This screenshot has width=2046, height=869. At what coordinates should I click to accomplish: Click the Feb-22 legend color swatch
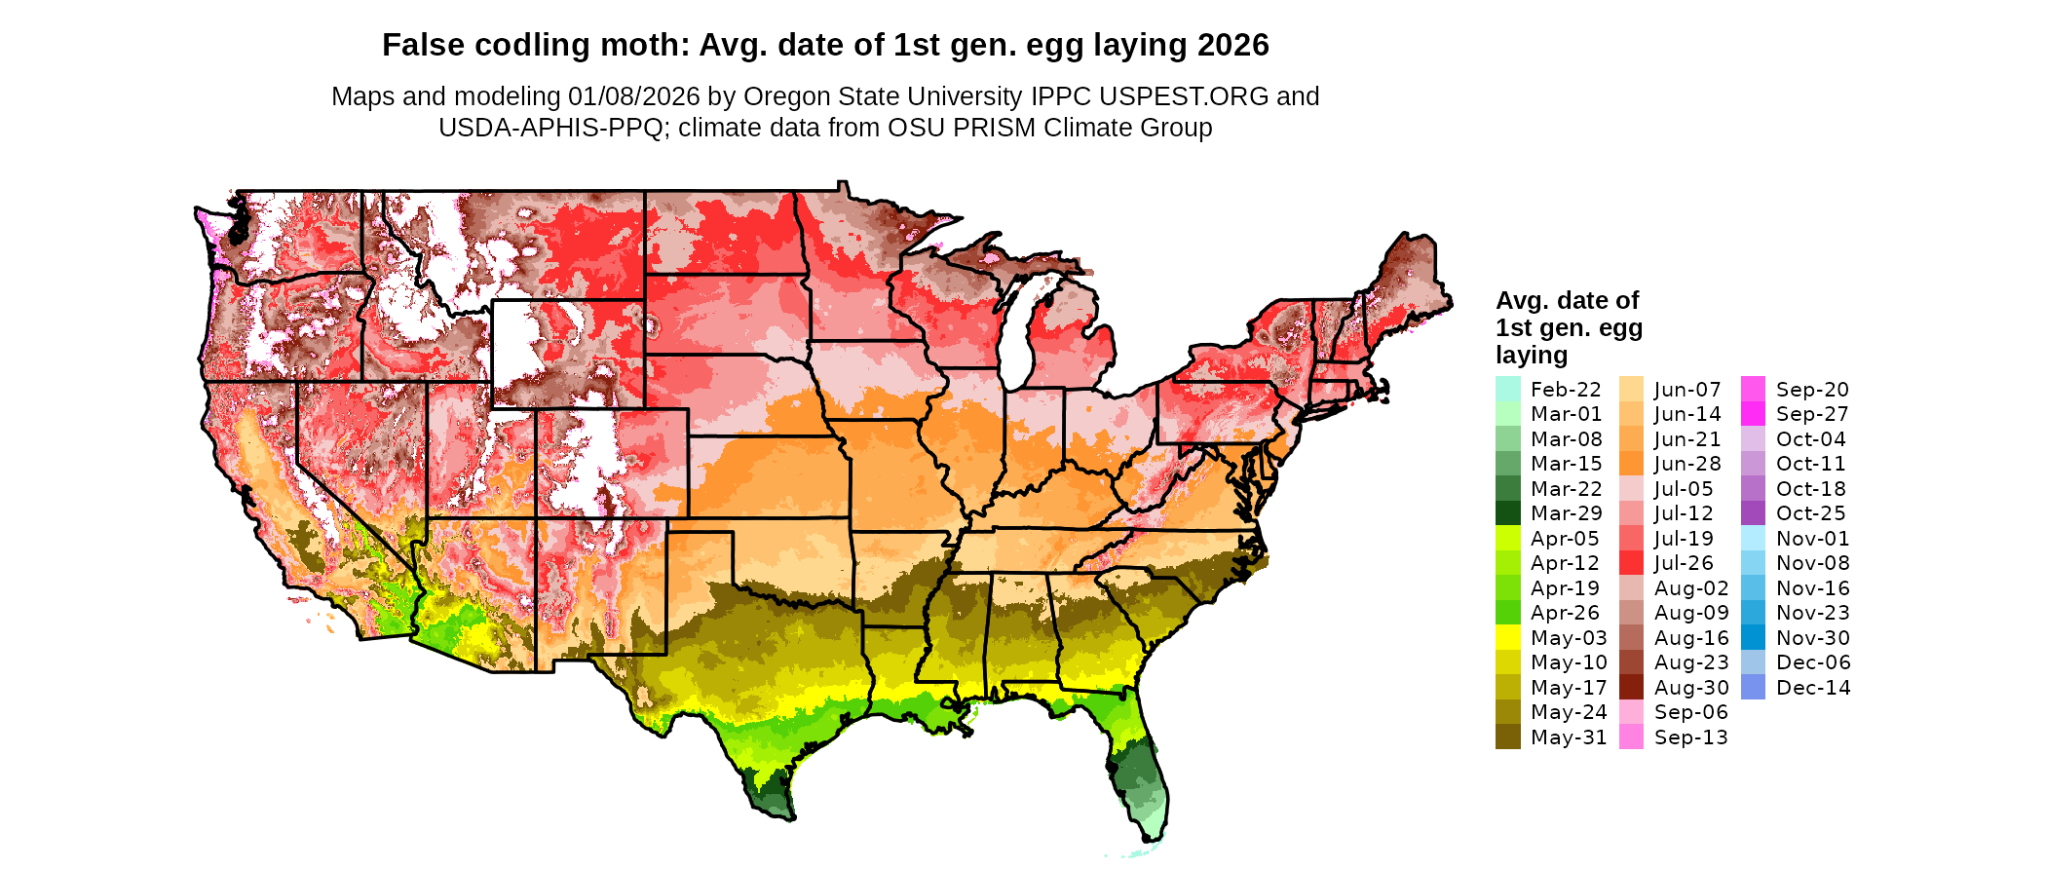tap(1507, 389)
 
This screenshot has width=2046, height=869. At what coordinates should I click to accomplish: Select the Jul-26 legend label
tap(1684, 563)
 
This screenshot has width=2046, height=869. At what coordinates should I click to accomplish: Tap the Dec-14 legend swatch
tap(1753, 687)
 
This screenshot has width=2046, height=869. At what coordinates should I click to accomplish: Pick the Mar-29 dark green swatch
tap(1507, 513)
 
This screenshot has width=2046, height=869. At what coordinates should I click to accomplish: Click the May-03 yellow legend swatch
tap(1507, 637)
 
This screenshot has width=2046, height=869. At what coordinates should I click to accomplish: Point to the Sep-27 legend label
tap(1812, 414)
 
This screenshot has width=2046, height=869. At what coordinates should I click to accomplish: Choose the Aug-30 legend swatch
tap(1631, 687)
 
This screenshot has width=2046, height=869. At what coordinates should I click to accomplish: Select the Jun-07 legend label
tap(1687, 390)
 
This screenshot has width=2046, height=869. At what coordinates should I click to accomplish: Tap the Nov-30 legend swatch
tap(1753, 637)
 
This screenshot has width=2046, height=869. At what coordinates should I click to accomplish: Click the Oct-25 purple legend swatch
tap(1753, 513)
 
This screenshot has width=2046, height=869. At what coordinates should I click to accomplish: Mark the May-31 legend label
tap(1569, 737)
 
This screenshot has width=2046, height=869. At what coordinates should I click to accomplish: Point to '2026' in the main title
tap(1232, 46)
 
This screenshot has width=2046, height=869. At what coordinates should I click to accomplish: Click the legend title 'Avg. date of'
tap(1567, 300)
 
